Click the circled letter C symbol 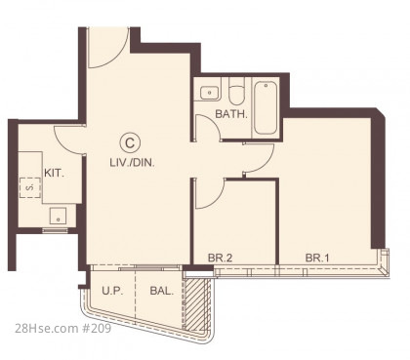pos(130,143)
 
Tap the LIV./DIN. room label pos(132,163)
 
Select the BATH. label pos(231,114)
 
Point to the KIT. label pos(54,173)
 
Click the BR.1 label pos(317,259)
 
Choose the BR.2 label pos(220,259)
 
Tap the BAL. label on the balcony pos(162,291)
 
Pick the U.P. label pos(112,291)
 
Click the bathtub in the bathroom pos(266,108)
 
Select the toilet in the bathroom pos(236,92)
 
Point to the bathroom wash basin pos(209,93)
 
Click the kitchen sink pos(58,216)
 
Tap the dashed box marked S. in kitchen pos(30,187)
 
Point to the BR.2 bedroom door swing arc pos(218,199)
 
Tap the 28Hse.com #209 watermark pos(62,329)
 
